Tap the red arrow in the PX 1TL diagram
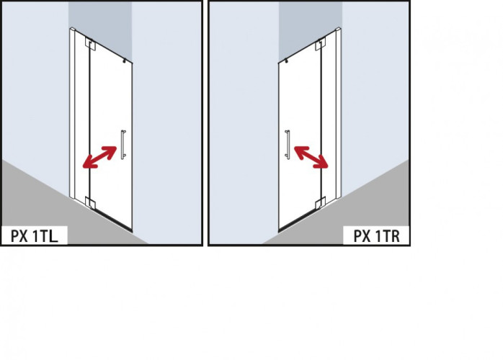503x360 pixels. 99,156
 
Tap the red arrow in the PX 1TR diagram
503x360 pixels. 311,156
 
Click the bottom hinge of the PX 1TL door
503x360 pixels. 89,201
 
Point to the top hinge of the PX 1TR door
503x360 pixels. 321,45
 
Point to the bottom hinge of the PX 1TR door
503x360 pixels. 321,201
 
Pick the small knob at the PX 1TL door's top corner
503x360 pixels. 126,63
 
